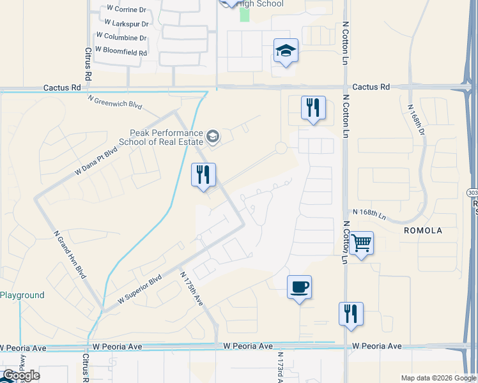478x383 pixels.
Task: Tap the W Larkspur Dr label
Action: (127, 24)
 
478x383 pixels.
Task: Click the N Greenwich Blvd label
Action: (114, 101)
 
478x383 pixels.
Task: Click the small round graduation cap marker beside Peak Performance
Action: (213, 135)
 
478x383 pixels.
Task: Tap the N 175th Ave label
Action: (191, 289)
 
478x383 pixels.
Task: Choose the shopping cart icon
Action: (362, 243)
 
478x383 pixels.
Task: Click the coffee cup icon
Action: (299, 287)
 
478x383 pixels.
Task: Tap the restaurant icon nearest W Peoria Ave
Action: (351, 313)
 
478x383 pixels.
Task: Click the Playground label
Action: (22, 295)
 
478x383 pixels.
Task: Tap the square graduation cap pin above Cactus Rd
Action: (286, 50)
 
